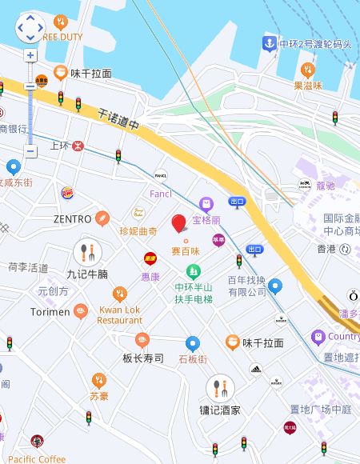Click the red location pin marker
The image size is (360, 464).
coord(180,223)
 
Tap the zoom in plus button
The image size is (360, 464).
coord(30,55)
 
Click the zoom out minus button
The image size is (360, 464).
coord(30,151)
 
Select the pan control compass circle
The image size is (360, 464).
coord(30,28)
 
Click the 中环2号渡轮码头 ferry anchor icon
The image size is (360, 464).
coord(270,43)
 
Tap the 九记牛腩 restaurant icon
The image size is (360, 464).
coord(87,253)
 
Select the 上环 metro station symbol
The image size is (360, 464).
coord(78,146)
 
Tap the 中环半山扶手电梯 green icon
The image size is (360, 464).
coord(193,272)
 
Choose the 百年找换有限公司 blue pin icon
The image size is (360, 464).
coord(275,286)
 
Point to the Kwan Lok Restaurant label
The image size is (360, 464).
coord(120,314)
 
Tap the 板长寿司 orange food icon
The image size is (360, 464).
coord(142,340)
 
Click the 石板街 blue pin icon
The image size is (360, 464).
coord(192,343)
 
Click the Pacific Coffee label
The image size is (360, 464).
coord(37,458)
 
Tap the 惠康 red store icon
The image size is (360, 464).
coord(150,258)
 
